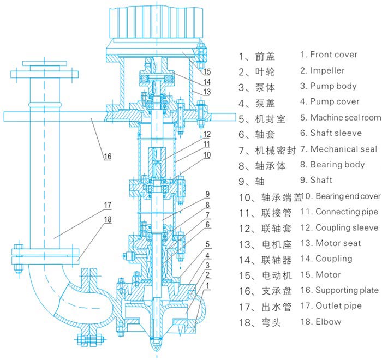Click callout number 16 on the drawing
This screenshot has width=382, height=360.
[x=108, y=157]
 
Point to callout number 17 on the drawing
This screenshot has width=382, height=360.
[x=108, y=205]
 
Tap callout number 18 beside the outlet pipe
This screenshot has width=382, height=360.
[x=108, y=219]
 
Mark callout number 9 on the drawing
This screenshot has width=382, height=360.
[x=208, y=194]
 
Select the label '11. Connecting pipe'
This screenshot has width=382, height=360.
[x=338, y=212]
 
